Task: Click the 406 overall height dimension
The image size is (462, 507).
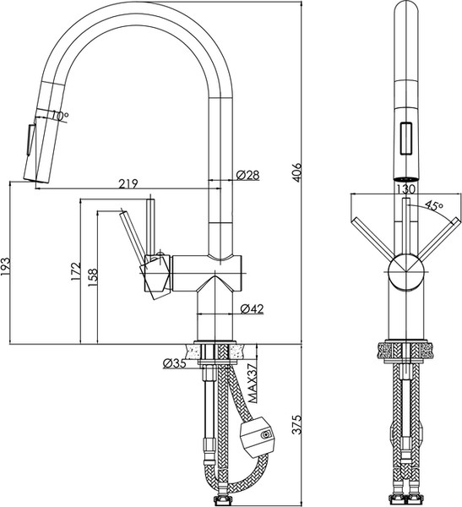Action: click(296, 172)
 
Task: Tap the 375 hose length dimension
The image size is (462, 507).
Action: click(296, 424)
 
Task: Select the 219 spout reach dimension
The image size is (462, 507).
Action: click(128, 183)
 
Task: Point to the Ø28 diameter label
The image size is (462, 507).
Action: click(247, 175)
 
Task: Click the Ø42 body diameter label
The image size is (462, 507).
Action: click(252, 309)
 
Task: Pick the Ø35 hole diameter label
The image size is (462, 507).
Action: click(175, 363)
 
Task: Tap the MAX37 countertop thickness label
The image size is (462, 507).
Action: click(253, 383)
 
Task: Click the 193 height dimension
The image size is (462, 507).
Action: click(6, 267)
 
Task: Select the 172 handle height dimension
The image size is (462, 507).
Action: click(75, 271)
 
